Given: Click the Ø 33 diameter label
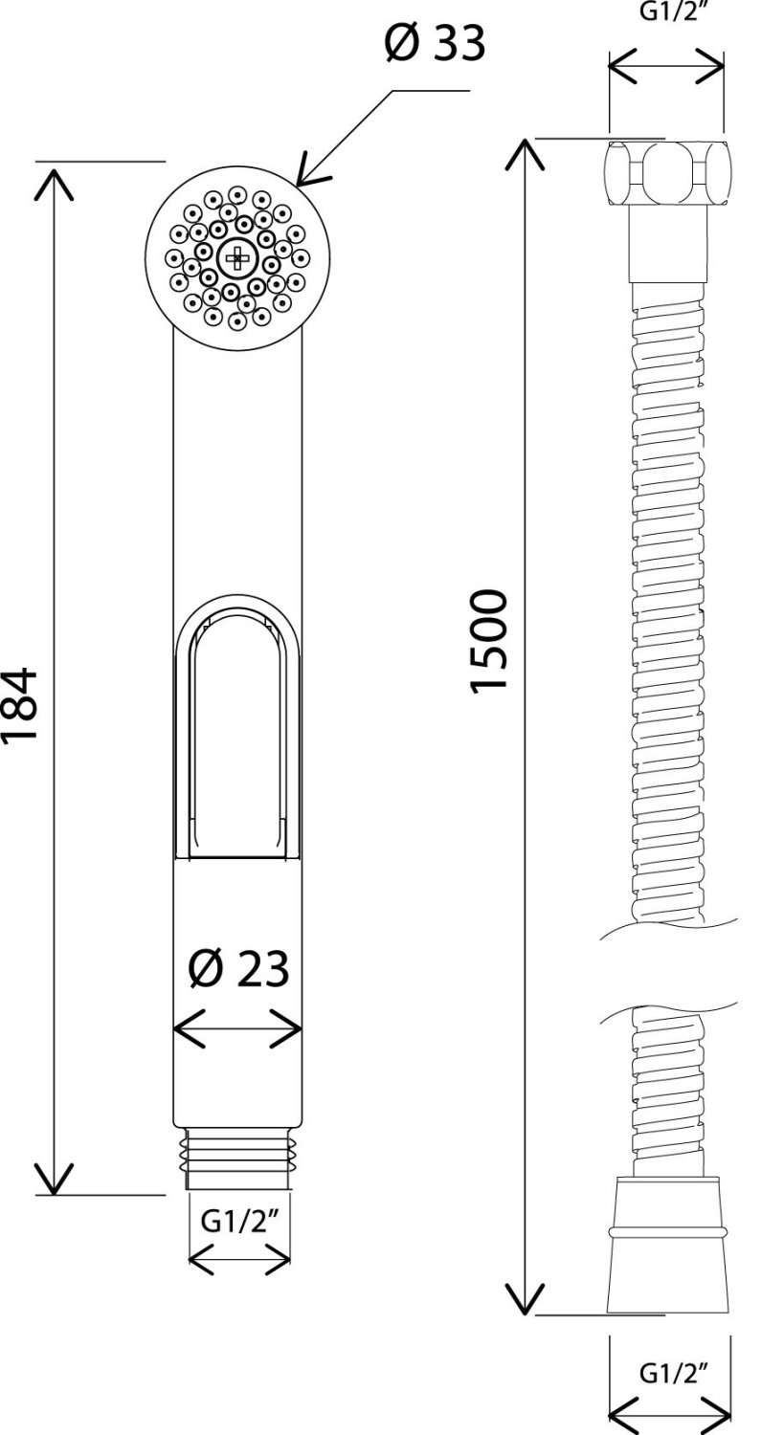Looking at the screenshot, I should pos(435,43).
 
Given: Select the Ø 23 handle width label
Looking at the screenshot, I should pos(238,970).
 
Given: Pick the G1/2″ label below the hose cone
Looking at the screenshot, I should pos(666,1374).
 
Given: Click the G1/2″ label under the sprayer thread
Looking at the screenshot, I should pos(239,1222).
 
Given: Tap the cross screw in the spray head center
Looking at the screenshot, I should pos(235,257).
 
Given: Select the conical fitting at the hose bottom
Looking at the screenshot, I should pos(666,1245).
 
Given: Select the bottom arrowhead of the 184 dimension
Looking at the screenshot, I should pos(55,1179).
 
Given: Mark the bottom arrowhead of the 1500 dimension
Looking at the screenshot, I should pos(526,1298).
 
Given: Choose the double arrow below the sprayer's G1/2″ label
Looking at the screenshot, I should pos(239,1260).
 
